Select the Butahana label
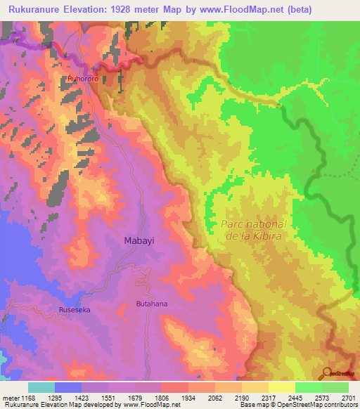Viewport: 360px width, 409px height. tap(151, 304)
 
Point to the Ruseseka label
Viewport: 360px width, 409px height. tap(75, 309)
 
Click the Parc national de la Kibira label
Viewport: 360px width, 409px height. tap(254, 230)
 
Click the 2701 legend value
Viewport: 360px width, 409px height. tap(348, 398)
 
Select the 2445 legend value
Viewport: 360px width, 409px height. tap(296, 398)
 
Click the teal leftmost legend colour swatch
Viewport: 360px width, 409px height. tap(41, 387)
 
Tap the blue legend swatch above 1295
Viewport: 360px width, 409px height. tap(67, 387)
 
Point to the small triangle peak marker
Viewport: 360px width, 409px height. tap(314, 170)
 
